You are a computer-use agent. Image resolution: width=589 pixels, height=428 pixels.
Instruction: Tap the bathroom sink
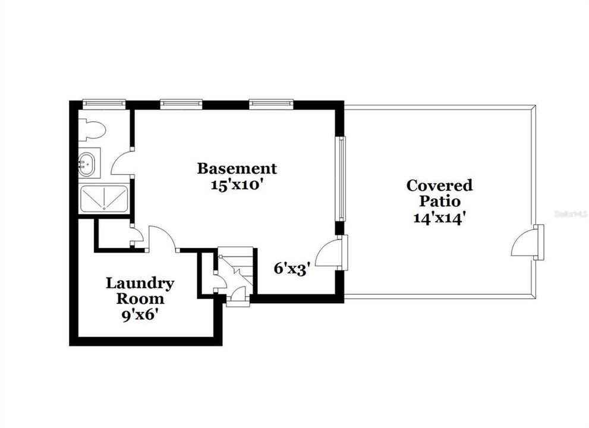87,163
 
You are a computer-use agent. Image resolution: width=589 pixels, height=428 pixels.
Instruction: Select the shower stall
103,198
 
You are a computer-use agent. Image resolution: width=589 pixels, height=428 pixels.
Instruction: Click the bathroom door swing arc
122,162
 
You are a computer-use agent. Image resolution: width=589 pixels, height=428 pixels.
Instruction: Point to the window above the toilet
103,103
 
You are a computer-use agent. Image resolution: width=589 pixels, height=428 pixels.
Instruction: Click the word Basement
237,169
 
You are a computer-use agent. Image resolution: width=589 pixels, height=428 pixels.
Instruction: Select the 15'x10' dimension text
237,184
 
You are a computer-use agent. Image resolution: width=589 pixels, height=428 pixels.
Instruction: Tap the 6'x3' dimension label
292,268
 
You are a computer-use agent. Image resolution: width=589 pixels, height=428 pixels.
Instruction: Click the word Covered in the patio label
439,185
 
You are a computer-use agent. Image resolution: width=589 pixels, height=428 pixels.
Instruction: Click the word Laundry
140,284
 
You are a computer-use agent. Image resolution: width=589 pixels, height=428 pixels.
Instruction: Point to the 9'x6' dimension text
140,314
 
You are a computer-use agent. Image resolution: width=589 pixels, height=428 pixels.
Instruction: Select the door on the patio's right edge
526,243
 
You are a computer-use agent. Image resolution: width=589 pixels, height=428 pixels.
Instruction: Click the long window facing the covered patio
341,178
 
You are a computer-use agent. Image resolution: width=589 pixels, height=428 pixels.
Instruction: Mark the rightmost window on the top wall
270,103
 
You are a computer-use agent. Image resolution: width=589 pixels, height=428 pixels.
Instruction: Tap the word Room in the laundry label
140,299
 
